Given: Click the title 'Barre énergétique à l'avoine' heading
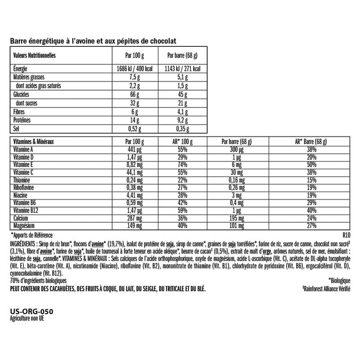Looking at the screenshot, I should coord(93,41).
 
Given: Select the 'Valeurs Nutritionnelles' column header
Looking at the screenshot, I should coord(35,55).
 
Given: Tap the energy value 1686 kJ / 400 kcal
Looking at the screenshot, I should coord(135,69).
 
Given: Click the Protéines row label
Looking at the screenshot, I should coord(23,121).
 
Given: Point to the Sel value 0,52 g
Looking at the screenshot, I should coord(135,129).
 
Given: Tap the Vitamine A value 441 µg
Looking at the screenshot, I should coord(135,149).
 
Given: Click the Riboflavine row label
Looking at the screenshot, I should coord(24,187).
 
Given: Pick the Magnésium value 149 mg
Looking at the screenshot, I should coord(135,225).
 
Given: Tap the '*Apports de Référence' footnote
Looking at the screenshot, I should coord(31,235).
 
